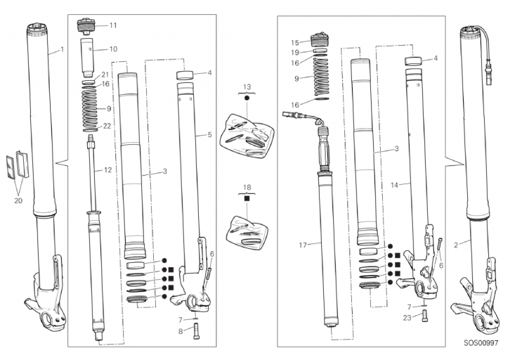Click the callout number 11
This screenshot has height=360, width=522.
[x=112, y=26]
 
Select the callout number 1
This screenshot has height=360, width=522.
[x=62, y=49]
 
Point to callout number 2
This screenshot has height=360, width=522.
[x=456, y=245]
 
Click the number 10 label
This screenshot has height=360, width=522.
[x=112, y=49]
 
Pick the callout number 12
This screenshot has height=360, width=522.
[x=107, y=169]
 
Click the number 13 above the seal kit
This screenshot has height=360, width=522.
[x=247, y=86]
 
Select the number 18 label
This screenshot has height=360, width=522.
[x=247, y=188]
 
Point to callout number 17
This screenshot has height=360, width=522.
[x=303, y=245]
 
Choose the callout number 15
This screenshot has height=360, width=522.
[x=295, y=42]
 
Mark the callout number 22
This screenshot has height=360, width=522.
[x=107, y=126]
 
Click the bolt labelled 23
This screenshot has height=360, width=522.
[x=425, y=316]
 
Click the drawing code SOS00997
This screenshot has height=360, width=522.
[x=480, y=345]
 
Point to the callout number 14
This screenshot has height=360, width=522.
[x=395, y=184]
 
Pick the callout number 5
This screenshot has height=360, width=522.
[x=209, y=134]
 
